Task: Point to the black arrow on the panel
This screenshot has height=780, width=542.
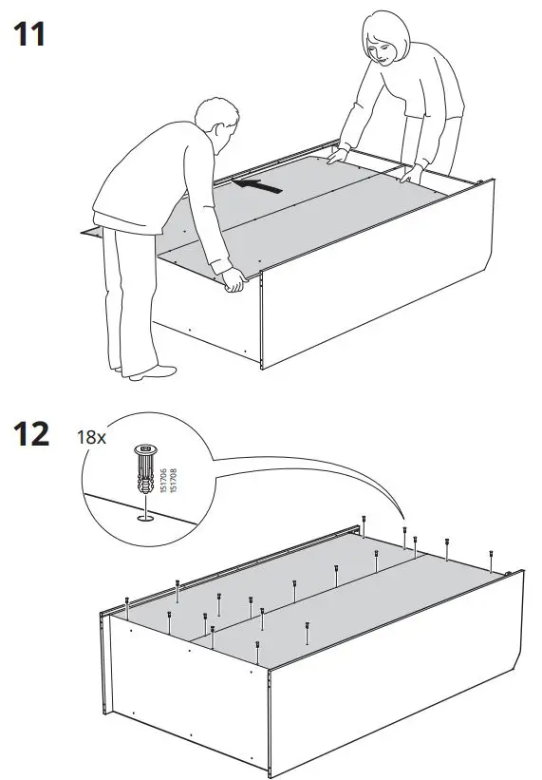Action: click(x=257, y=185)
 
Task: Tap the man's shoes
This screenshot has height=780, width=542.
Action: click(x=142, y=371)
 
